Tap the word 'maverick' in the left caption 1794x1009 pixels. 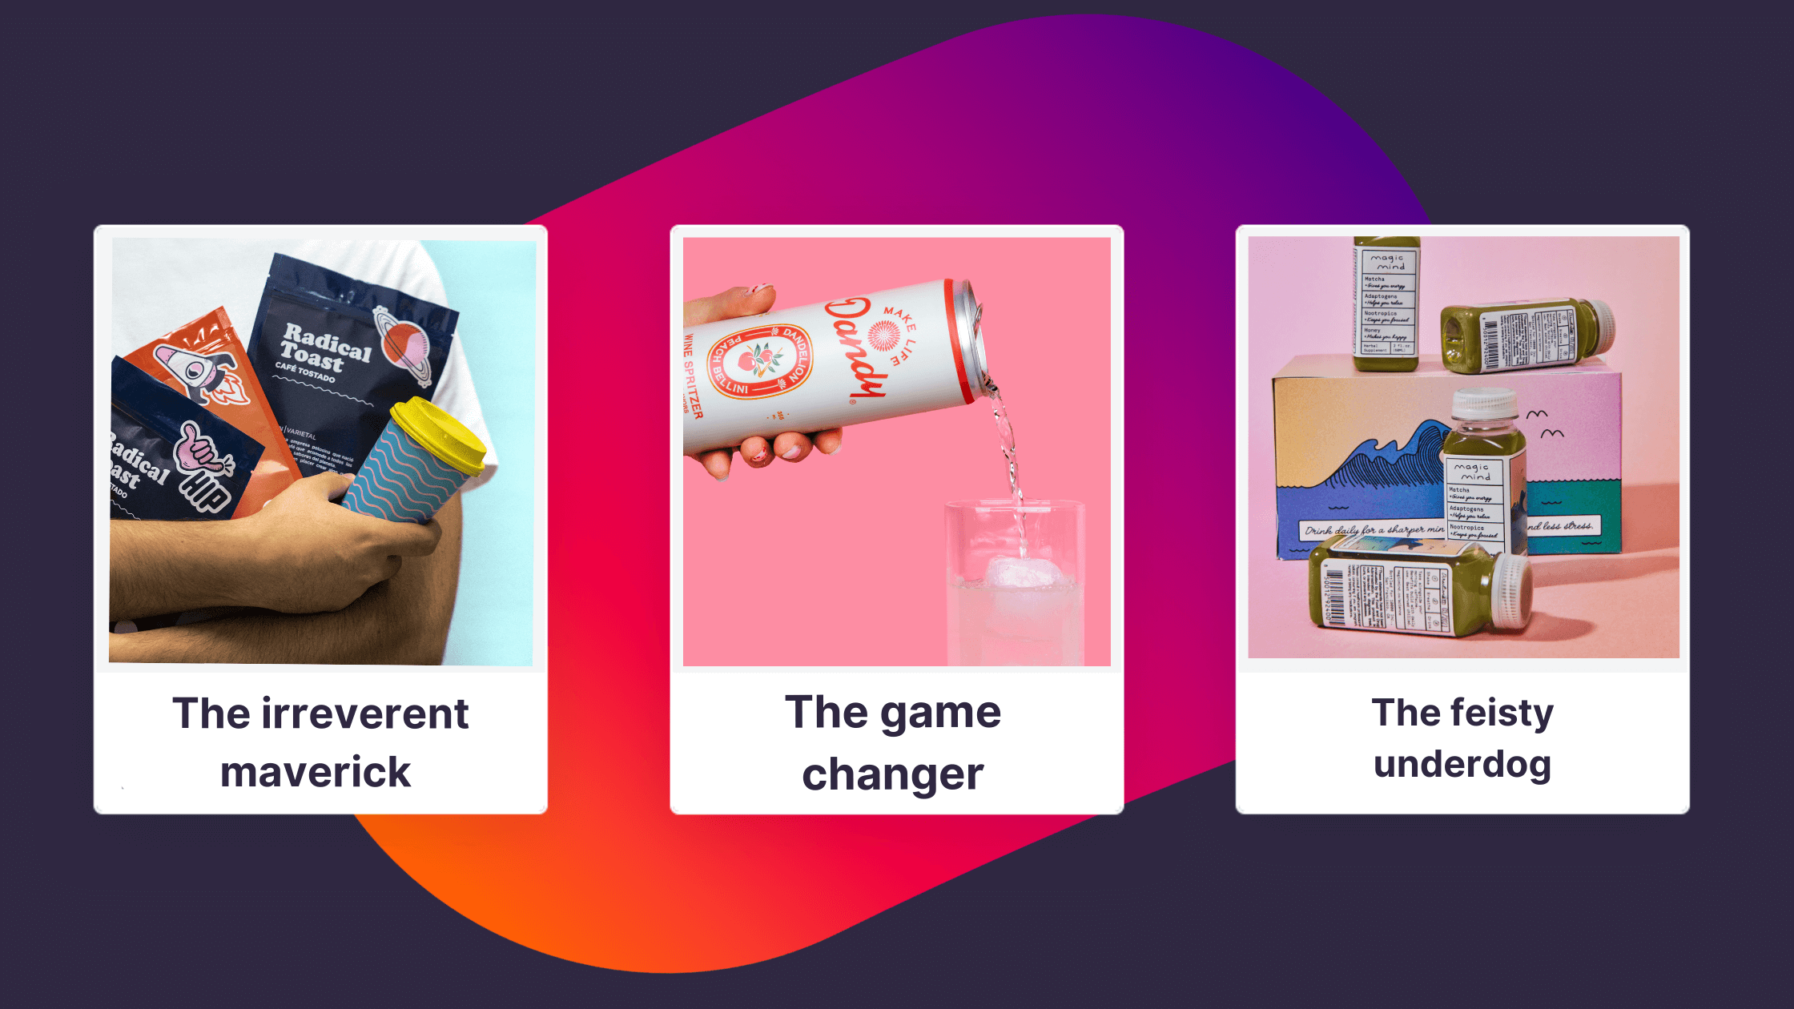[x=316, y=772]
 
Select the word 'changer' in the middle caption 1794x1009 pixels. [x=892, y=775]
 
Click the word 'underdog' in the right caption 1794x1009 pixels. [x=1462, y=764]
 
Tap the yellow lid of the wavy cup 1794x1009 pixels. [x=440, y=433]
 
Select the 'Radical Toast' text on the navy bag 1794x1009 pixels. [x=324, y=348]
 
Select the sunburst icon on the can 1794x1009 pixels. [x=884, y=336]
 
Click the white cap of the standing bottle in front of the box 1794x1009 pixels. [x=1485, y=405]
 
